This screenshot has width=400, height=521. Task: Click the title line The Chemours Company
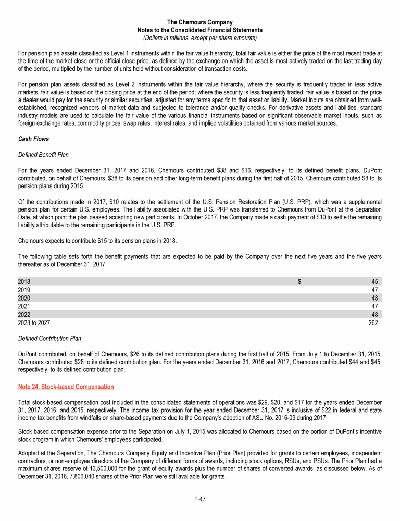(199, 22)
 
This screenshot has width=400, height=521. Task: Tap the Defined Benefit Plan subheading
(43, 154)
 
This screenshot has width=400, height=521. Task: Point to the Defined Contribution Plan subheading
(49, 338)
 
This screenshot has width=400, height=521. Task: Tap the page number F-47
(199, 499)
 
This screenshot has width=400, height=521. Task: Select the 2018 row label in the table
(24, 281)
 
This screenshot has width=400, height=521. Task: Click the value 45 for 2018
(374, 281)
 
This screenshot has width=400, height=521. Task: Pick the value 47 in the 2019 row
(374, 290)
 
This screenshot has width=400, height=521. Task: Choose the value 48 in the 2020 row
(374, 298)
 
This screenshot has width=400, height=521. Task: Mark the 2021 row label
(24, 306)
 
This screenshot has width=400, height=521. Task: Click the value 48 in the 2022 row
(374, 315)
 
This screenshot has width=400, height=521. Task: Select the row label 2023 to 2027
(34, 323)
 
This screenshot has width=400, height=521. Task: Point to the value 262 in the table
(372, 323)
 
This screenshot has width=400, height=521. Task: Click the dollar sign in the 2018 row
(299, 281)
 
